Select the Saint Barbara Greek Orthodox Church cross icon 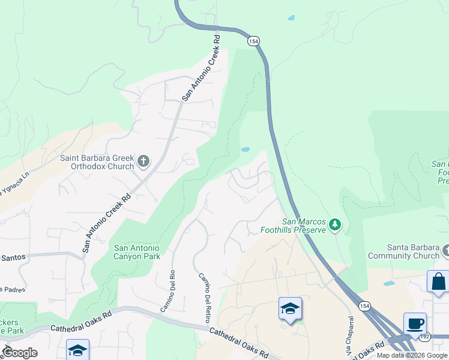pos(143,161)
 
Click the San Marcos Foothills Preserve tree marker pos(335,225)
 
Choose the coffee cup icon pos(415,323)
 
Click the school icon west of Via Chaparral pos(290,308)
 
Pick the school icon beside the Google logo pos(78,350)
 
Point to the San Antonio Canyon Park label pos(137,253)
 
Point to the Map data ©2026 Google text pos(412,355)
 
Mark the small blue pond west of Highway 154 pos(245,149)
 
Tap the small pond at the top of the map pos(291,18)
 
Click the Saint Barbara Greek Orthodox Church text pos(96,163)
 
